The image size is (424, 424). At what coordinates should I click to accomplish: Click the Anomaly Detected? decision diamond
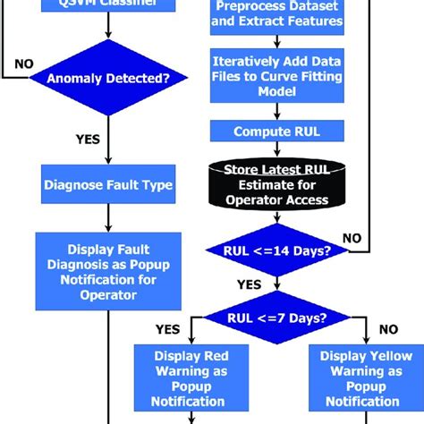(x=107, y=78)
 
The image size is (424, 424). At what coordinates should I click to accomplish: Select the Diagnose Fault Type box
(x=107, y=187)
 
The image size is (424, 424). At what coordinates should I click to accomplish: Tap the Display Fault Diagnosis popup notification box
(x=107, y=266)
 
